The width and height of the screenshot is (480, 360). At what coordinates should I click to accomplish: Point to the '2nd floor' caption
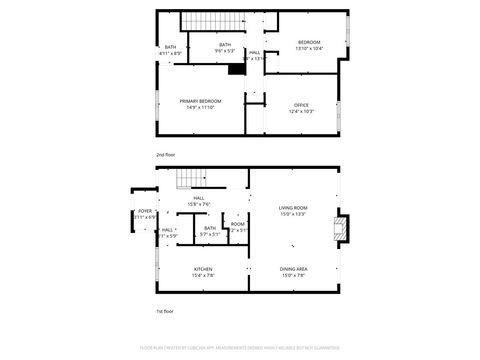tap(164, 155)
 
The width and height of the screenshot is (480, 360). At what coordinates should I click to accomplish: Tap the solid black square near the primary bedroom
tap(237, 68)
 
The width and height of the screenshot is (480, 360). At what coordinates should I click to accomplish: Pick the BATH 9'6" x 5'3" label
tap(225, 47)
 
